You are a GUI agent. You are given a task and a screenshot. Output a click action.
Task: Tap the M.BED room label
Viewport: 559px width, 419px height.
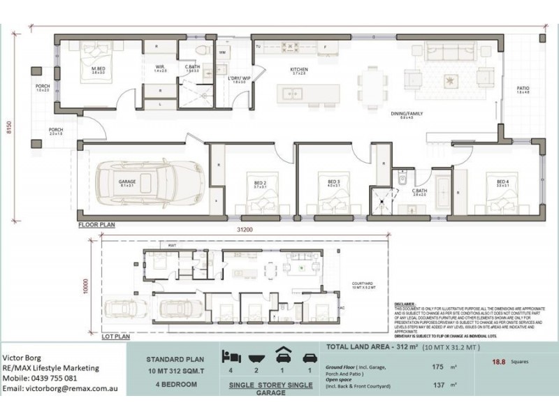click(x=98, y=68)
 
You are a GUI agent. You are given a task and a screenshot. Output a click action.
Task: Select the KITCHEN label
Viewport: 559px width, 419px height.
click(x=299, y=70)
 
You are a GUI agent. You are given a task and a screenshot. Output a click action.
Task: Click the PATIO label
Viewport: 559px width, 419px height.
click(x=523, y=89)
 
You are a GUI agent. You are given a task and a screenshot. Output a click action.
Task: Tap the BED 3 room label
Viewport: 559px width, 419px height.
click(x=333, y=183)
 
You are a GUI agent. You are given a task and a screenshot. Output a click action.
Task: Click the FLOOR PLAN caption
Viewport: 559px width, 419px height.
click(x=96, y=225)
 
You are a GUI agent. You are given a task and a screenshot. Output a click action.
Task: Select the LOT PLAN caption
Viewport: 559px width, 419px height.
click(x=115, y=336)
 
